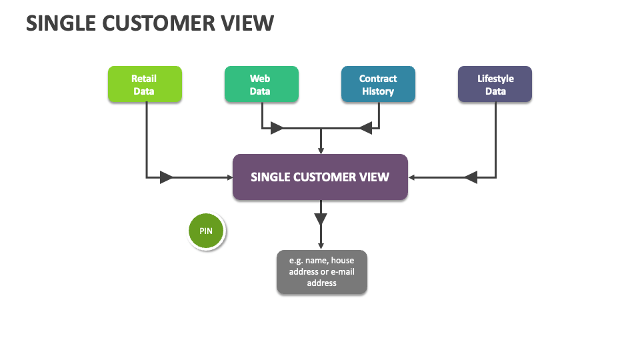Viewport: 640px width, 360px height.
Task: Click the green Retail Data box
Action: [145, 85]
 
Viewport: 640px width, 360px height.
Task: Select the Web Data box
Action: [261, 85]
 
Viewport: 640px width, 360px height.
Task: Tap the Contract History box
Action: [378, 85]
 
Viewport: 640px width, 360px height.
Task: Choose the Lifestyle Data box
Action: [495, 85]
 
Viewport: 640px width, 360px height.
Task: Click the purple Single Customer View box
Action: [320, 177]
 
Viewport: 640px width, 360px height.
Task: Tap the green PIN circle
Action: [207, 231]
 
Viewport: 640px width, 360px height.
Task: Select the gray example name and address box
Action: [321, 272]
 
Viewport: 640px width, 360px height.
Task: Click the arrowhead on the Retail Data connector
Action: [166, 177]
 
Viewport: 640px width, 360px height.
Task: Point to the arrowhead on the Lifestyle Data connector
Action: [471, 177]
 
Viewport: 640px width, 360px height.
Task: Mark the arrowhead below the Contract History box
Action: [365, 128]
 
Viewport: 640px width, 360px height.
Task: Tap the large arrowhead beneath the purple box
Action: [321, 219]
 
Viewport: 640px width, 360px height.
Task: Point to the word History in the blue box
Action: [378, 91]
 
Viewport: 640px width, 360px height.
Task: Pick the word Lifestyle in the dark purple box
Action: [495, 79]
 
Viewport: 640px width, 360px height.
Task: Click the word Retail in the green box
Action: [144, 79]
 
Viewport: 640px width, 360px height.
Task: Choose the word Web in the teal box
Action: [260, 79]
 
